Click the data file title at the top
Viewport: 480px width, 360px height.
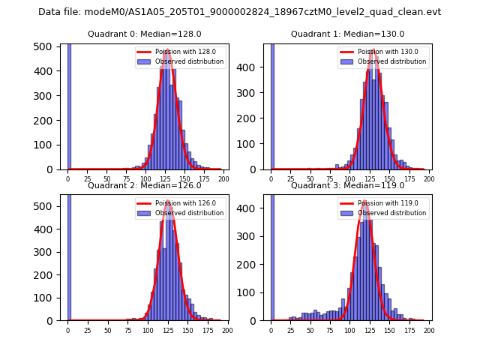239,12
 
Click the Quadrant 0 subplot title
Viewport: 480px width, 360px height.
145,34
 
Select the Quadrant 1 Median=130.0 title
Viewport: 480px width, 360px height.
348,34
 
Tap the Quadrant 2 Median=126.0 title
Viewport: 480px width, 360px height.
145,185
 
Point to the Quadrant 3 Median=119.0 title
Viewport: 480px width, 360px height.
348,185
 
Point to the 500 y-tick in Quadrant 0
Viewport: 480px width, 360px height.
44,46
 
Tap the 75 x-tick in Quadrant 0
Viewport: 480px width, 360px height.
108,179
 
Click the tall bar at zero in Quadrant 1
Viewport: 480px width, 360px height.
272,106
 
